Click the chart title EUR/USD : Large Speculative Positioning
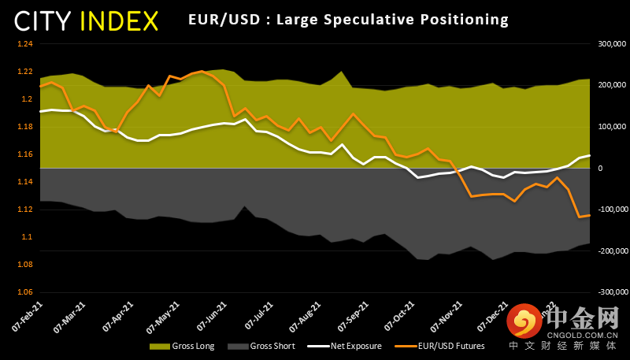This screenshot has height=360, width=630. (349, 19)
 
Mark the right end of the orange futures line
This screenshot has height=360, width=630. (589, 215)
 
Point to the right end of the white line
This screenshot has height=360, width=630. (589, 155)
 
